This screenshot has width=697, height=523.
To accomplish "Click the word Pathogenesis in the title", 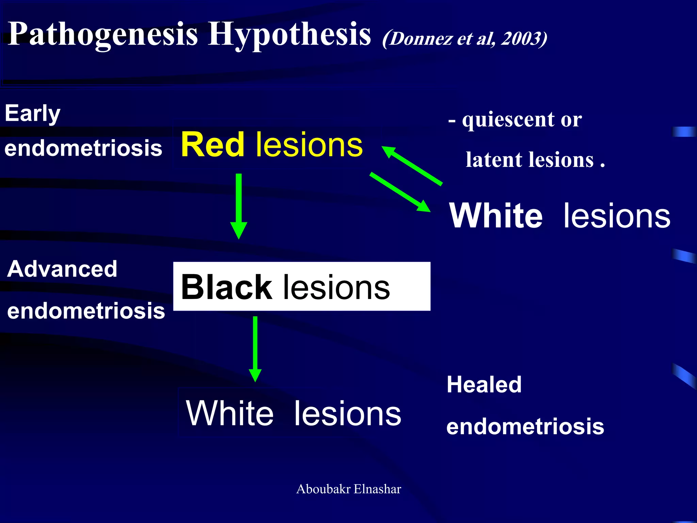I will (102, 34).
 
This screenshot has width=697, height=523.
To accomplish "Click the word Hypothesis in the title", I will (289, 34).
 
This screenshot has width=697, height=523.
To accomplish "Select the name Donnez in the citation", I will (420, 38).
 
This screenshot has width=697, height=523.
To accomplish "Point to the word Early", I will (32, 113).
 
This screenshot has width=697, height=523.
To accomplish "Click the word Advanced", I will (62, 269).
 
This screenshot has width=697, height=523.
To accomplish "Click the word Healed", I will (484, 384).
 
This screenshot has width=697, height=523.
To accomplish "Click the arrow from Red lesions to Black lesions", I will (239, 204).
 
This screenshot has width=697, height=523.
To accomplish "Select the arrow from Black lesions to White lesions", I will (255, 347).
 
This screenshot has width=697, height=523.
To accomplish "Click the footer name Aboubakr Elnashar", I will (348, 489).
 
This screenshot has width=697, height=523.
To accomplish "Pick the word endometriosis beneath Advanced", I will (86, 311).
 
